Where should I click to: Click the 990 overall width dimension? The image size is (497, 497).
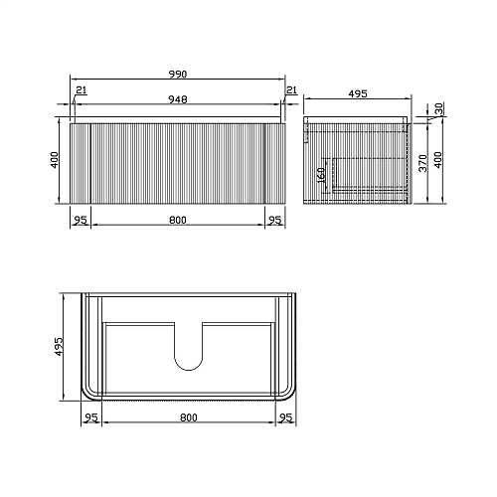[x=178, y=74]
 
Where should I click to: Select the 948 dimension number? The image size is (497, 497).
[x=178, y=99]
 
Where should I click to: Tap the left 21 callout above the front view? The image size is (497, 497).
[x=82, y=89]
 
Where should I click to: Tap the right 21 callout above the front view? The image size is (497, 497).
[x=291, y=89]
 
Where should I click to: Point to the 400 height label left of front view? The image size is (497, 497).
[x=55, y=160]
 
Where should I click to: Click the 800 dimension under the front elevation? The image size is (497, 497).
[x=178, y=220]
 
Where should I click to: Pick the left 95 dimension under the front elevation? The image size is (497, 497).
[x=81, y=220]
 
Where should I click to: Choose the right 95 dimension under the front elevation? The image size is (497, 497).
[x=275, y=220]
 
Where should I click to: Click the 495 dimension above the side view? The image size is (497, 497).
[x=358, y=93]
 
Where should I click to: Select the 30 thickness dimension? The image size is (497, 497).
[x=438, y=108]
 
